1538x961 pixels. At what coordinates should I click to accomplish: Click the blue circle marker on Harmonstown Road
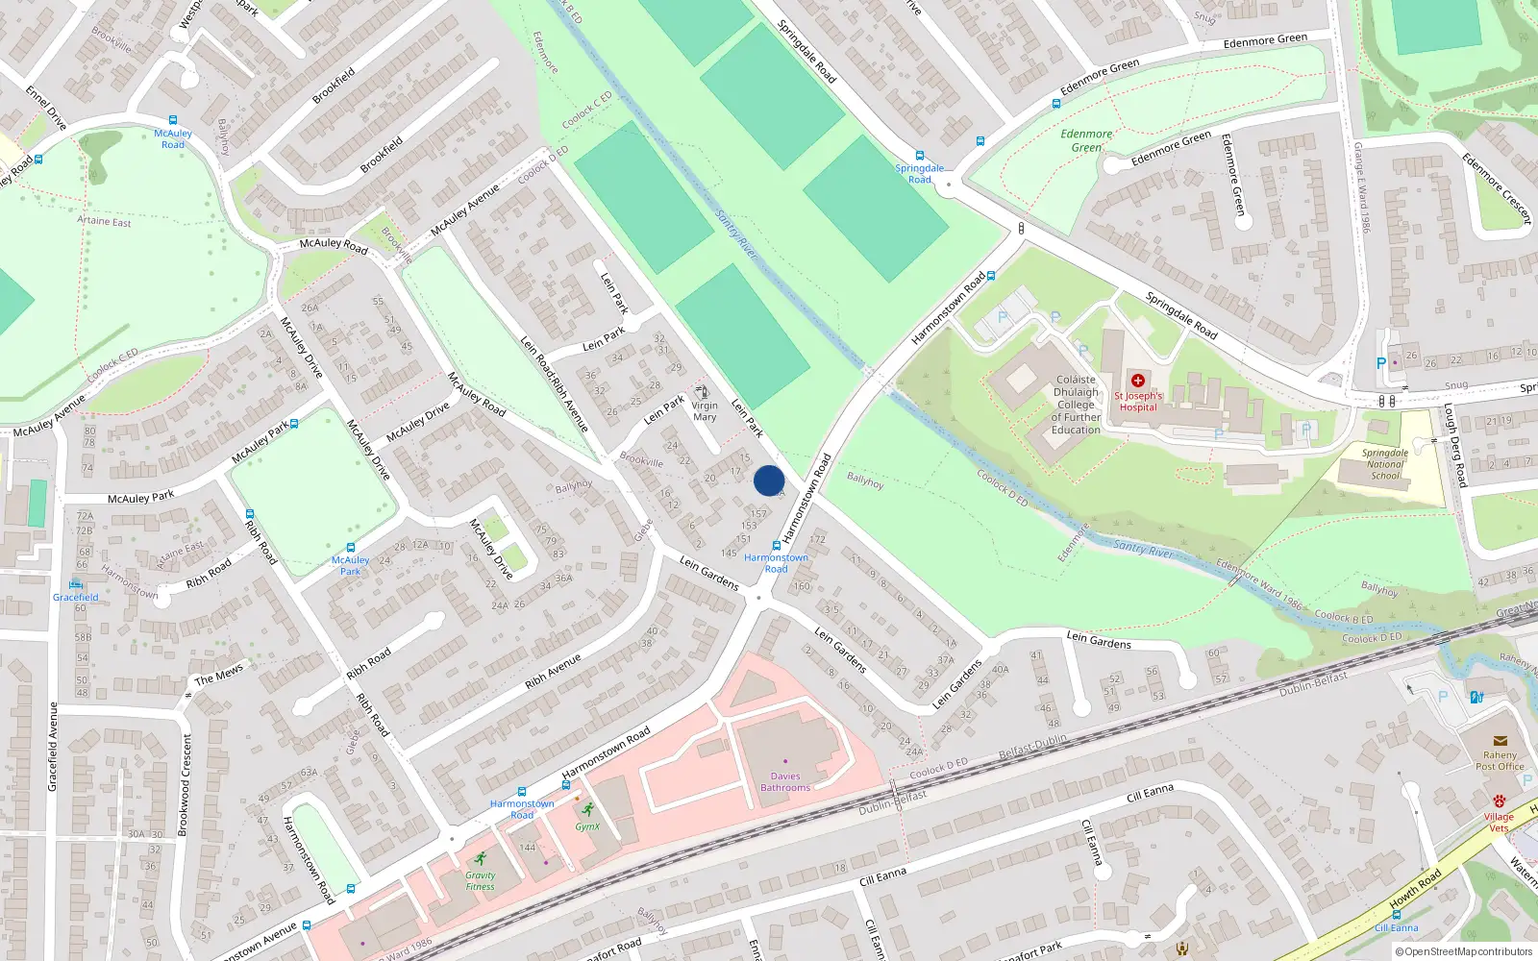coord(769,480)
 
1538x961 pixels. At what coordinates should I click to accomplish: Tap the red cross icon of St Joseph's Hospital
coord(1138,382)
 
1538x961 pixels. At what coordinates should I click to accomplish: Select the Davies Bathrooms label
coord(785,782)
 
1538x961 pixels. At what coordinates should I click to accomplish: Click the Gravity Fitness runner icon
coord(481,859)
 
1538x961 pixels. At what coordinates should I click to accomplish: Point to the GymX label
coord(587,826)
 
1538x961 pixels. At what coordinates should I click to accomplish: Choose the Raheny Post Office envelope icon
coord(1500,741)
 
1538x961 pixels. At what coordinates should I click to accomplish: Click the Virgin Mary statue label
coord(705,411)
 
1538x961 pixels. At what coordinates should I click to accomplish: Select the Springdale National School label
coord(1385,464)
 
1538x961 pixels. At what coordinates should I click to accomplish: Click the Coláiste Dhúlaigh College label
coord(1076,405)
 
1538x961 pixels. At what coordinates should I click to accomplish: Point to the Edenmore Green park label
coord(1086,140)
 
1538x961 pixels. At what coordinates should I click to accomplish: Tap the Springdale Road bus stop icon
coord(920,156)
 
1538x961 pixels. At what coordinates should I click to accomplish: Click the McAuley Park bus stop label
coord(350,565)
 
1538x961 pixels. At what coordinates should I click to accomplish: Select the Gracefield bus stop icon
coord(76,584)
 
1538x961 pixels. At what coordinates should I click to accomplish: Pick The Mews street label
coord(219,674)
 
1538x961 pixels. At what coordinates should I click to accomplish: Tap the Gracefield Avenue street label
coord(53,747)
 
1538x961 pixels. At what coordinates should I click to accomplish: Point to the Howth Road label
coord(1416,889)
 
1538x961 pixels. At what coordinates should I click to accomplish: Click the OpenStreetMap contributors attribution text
coord(1464,951)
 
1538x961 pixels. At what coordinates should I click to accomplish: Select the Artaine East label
coord(104,221)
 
